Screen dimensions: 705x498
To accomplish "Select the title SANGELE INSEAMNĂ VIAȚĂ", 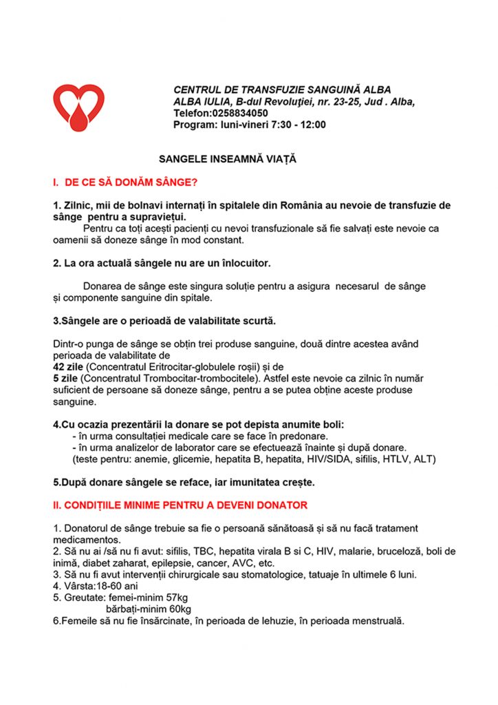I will click(227, 158).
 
